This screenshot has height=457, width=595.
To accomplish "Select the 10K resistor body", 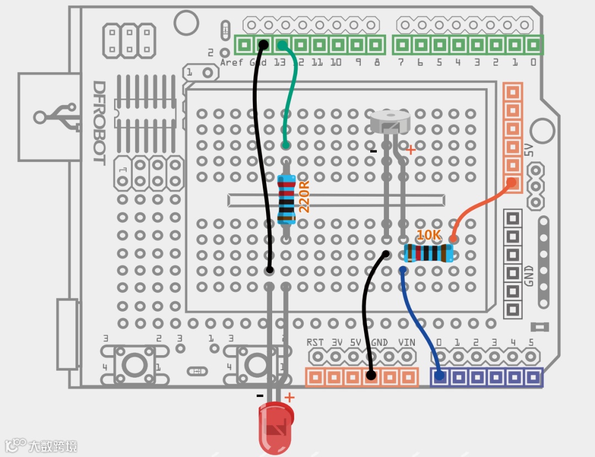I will point(429,253).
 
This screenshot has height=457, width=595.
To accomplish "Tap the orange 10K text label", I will point(429,235).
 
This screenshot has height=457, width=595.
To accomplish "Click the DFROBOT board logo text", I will point(99,122).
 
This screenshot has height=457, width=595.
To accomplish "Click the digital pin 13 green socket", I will point(282,45).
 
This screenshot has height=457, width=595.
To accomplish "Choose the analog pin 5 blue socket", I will point(533,377).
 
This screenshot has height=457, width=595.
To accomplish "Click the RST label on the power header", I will point(315,342).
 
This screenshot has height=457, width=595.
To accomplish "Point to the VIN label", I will point(407,342).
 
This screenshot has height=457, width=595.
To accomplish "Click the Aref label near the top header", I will point(231,62).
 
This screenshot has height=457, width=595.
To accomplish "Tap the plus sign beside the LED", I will point(289,397).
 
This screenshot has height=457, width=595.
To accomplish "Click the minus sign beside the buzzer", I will point(373,151).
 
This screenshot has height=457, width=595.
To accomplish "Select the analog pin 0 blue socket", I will point(440,377).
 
